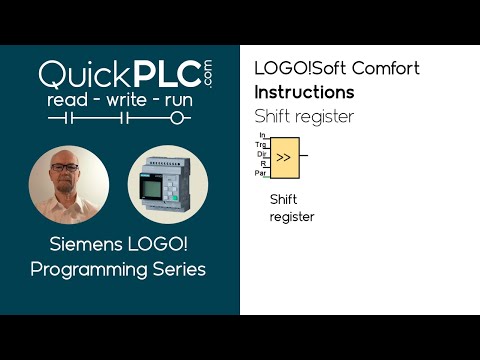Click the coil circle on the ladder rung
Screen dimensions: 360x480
point(179,118)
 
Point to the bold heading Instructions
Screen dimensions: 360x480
point(304,92)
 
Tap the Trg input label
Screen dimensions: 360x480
point(262,146)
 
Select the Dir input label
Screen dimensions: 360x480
point(262,155)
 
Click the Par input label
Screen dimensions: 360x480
point(262,173)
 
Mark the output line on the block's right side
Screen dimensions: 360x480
point(304,156)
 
